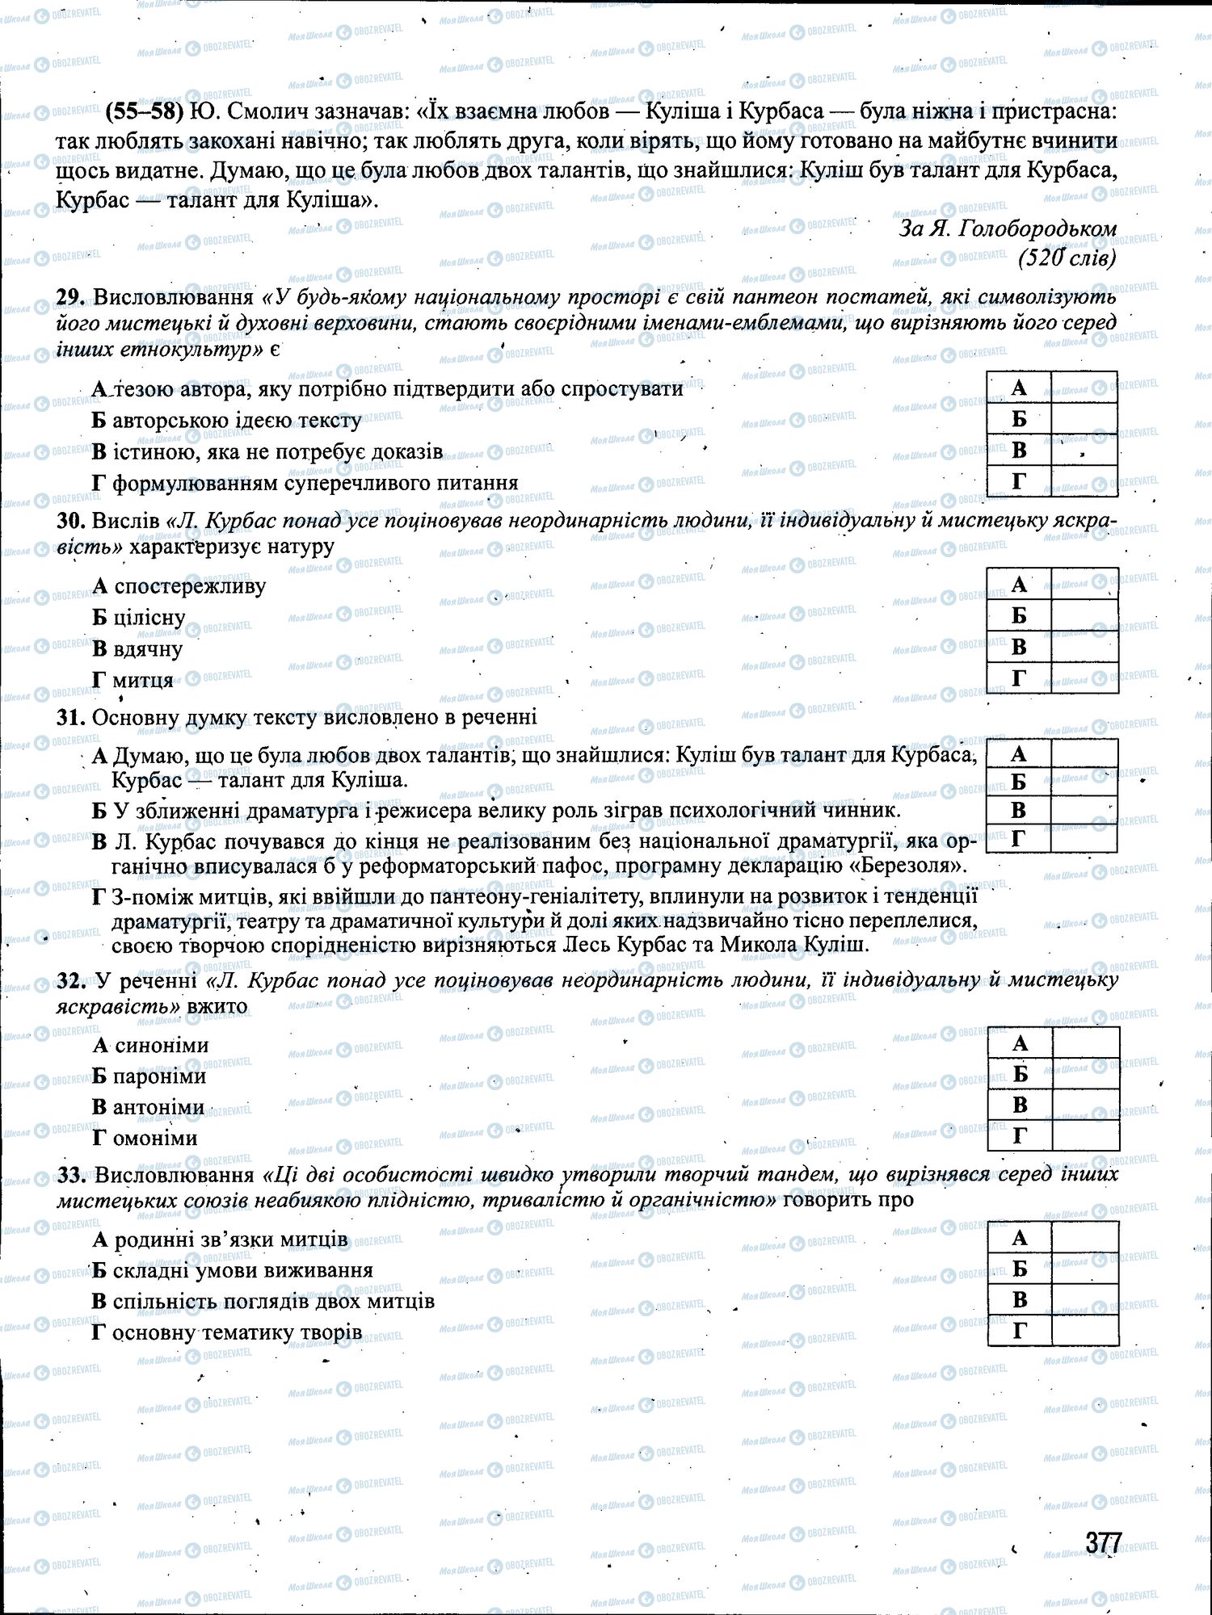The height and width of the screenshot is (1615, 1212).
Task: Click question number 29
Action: [x=71, y=297]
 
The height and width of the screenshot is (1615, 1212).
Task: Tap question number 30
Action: [x=71, y=520]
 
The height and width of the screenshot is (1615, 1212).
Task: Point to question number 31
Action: [x=71, y=717]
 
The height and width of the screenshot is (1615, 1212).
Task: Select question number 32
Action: [x=71, y=980]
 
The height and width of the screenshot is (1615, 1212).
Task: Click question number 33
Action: [x=71, y=1174]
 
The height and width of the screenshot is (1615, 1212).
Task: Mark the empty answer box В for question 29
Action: [x=1084, y=450]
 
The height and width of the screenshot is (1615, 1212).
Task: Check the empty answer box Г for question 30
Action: [x=1084, y=678]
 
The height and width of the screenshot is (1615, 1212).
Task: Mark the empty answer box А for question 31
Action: [x=1084, y=754]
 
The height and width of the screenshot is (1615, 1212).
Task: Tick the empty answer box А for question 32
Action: [x=1086, y=1042]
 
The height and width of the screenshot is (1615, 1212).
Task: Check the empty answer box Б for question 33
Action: [x=1086, y=1269]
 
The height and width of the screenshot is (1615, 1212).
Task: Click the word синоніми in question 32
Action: [x=162, y=1046]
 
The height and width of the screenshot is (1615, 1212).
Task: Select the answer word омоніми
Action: [x=155, y=1139]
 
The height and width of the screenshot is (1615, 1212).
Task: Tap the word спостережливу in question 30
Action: [x=190, y=586]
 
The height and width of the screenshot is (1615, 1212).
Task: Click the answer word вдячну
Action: [x=149, y=649]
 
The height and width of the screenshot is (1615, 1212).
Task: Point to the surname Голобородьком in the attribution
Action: [x=1037, y=229]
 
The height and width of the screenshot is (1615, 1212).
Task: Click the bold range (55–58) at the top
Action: [x=141, y=111]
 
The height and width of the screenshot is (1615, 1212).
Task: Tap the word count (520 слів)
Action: [x=1067, y=258]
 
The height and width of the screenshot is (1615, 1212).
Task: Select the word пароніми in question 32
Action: [x=160, y=1076]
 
